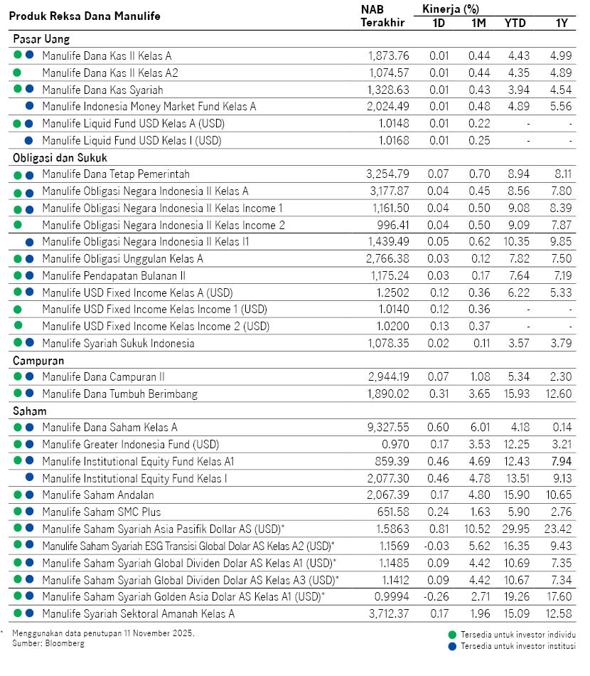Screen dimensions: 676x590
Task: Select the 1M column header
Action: tap(478, 23)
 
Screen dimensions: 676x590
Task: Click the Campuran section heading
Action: tap(38, 361)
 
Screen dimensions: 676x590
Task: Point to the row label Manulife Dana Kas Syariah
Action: tap(102, 90)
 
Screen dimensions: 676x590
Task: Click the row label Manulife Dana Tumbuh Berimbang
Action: tap(119, 394)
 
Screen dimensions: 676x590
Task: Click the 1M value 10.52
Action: tap(476, 529)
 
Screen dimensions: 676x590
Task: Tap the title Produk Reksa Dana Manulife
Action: tap(85, 15)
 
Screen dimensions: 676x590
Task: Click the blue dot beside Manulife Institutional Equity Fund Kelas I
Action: tap(30, 478)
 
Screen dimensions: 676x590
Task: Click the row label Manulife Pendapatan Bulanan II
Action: tap(114, 275)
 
